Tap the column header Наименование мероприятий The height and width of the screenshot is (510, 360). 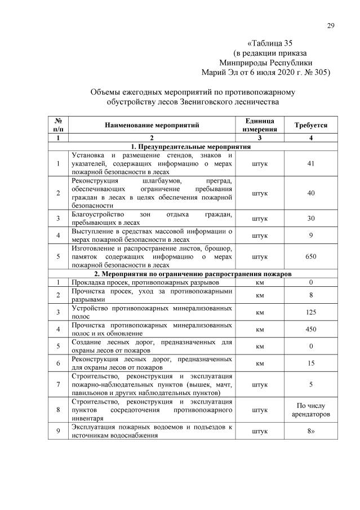pos(151,125)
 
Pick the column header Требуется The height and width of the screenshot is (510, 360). pos(311,125)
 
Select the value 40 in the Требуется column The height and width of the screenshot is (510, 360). pos(311,193)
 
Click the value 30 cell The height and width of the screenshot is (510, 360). pos(311,219)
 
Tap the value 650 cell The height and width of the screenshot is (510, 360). pos(311,256)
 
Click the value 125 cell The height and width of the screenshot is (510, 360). pos(311,312)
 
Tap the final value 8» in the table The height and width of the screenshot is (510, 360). pos(311,431)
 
